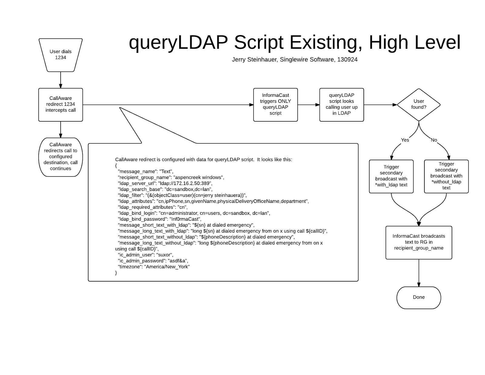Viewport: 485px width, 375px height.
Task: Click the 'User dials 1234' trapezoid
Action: pos(61,55)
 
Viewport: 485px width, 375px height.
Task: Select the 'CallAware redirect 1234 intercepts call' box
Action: pos(61,105)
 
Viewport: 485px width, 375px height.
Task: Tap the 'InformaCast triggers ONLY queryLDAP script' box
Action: pos(276,105)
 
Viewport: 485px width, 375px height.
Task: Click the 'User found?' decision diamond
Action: pos(419,105)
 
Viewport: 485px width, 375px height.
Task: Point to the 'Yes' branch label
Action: pos(405,140)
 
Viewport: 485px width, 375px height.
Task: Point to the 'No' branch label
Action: pos(434,140)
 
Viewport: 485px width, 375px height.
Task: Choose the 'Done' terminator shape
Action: pos(419,298)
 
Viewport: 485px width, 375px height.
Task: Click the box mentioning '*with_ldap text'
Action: pos(391,177)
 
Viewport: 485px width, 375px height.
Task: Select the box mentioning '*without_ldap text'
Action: pos(447,177)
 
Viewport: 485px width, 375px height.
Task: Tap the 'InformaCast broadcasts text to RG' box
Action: pos(419,242)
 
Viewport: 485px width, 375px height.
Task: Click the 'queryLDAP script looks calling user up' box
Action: pos(342,105)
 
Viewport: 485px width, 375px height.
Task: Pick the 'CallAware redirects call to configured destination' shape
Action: pos(61,157)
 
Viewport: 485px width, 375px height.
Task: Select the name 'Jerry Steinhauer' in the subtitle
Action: pos(255,60)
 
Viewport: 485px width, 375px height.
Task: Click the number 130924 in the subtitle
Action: pos(347,60)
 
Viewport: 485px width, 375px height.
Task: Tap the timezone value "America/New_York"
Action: pos(167,267)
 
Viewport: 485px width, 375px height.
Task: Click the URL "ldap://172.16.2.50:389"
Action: pos(185,183)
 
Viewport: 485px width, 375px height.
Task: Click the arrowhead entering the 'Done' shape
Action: pos(419,285)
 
